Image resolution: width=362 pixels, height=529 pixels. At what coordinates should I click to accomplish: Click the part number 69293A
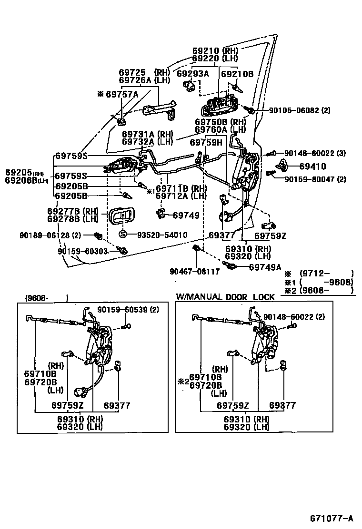[x=192, y=74]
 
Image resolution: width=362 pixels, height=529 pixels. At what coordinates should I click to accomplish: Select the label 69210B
[x=237, y=74]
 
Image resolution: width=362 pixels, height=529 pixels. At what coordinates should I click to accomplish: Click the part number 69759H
[x=206, y=142]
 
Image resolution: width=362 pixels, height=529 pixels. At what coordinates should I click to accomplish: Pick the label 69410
[x=312, y=167]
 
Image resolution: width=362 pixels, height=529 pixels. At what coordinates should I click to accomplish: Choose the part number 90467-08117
[x=194, y=272]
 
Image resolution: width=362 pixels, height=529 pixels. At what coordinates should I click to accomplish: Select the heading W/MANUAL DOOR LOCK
[x=225, y=297]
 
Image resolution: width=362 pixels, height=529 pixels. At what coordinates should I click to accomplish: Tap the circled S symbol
[x=122, y=235]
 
